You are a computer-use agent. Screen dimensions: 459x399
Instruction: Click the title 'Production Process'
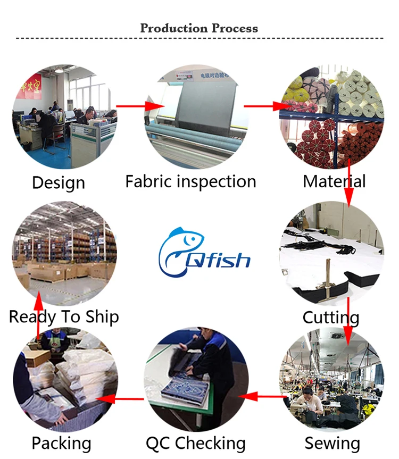coord(199,28)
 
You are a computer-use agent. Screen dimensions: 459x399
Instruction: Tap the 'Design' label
coord(59,182)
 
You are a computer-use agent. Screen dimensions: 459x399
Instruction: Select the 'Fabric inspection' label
coord(190,181)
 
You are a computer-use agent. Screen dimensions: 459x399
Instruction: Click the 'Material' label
coord(334,181)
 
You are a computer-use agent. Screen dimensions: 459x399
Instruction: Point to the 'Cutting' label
coord(331,318)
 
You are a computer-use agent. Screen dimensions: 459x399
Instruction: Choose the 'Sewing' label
coord(332,443)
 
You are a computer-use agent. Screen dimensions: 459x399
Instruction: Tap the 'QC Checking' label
coord(196,443)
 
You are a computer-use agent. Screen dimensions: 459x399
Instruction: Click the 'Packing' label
coord(61,443)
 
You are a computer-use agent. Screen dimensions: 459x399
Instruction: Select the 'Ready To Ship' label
coord(64,317)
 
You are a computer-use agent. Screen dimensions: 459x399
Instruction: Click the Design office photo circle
coord(65,116)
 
